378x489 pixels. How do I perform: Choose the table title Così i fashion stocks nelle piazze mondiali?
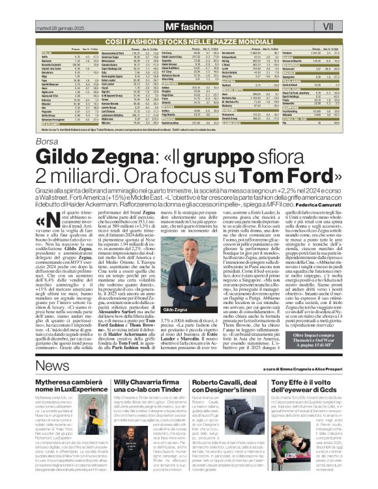(188, 40)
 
